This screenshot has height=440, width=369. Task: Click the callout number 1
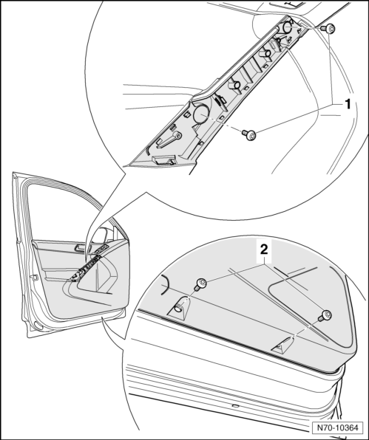(x=348, y=104)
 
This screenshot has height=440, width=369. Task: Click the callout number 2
(x=264, y=250)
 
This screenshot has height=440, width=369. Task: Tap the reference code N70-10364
(x=337, y=427)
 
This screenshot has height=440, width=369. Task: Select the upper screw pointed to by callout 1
(x=328, y=29)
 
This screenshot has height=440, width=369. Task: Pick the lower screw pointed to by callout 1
(x=249, y=134)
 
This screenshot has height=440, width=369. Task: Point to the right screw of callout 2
(x=325, y=316)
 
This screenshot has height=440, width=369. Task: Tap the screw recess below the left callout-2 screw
(x=180, y=308)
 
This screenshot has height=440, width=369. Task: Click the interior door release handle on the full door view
(x=78, y=248)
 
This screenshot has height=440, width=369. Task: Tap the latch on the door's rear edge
(x=34, y=278)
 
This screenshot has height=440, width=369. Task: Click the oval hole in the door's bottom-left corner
(x=38, y=326)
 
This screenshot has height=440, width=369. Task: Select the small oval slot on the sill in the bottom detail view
(x=235, y=406)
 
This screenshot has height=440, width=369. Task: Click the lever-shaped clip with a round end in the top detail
(x=169, y=140)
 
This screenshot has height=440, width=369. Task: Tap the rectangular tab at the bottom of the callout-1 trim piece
(x=163, y=160)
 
